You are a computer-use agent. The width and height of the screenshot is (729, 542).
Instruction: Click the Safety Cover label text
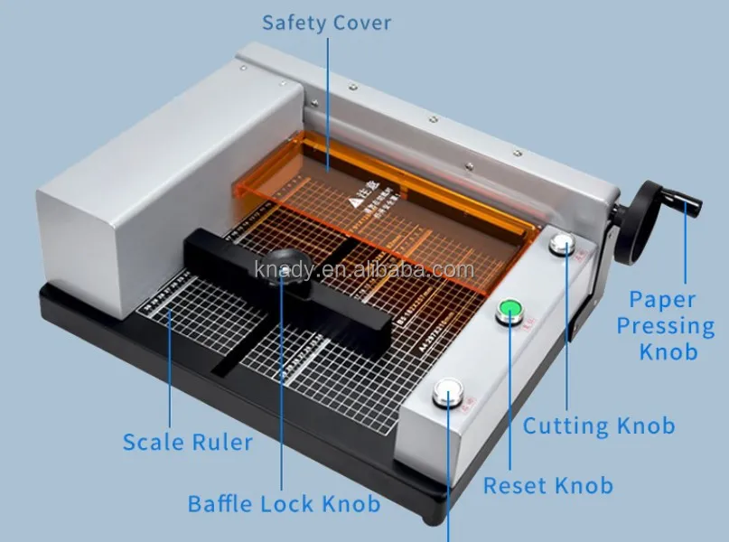coord(326,23)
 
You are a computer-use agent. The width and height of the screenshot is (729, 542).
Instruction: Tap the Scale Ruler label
coord(187,442)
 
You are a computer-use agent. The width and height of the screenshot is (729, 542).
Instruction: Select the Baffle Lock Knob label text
coord(284,503)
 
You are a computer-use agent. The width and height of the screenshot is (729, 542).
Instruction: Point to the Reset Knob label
coord(547,485)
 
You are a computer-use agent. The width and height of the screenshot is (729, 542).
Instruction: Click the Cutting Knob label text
coord(598,425)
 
